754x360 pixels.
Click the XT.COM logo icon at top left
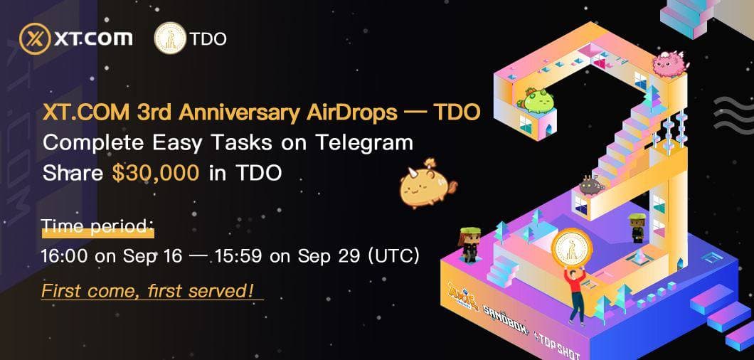(33, 38)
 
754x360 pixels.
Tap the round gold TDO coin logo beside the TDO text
(169, 38)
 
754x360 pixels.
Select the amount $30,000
(156, 173)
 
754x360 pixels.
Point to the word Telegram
(367, 142)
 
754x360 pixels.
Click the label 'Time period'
(96, 226)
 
